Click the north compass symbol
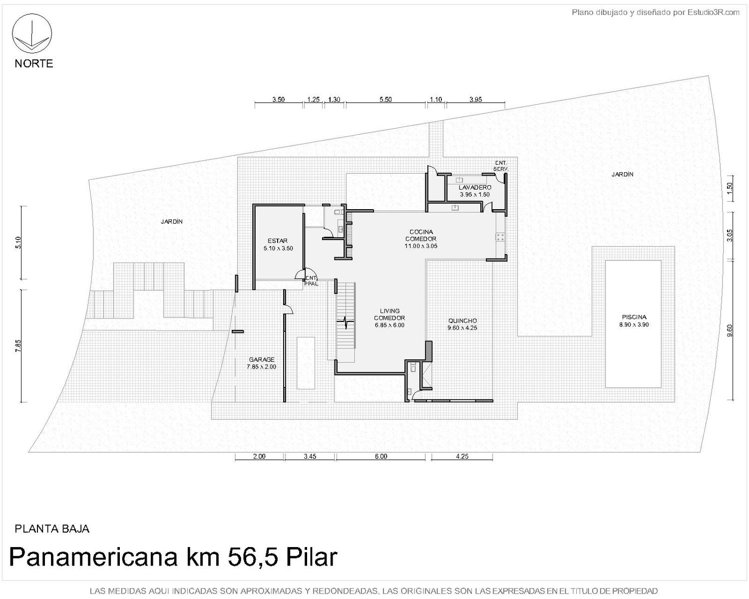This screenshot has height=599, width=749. (x=32, y=34)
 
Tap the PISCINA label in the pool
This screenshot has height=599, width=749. (x=634, y=317)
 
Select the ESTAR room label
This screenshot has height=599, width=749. (x=278, y=241)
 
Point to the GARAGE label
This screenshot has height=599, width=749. (x=261, y=359)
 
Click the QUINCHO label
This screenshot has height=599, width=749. (x=462, y=320)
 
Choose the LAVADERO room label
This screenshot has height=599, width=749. (x=475, y=188)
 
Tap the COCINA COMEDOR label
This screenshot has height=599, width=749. (x=421, y=235)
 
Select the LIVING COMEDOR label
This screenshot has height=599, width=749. (x=389, y=314)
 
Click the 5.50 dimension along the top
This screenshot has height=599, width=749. (x=385, y=99)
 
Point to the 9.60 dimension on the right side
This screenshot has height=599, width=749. (x=730, y=330)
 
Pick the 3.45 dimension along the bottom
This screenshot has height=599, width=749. (x=310, y=456)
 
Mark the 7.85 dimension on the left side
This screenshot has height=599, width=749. (x=18, y=346)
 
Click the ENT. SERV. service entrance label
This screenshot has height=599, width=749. (x=501, y=166)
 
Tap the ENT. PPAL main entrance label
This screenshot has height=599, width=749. (x=311, y=281)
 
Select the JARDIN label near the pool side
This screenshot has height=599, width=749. (x=622, y=174)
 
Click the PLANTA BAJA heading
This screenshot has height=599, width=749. (x=52, y=529)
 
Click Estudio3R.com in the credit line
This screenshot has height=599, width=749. (x=714, y=12)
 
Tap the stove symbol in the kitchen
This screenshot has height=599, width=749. (x=500, y=237)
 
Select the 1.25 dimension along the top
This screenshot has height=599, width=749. (x=313, y=99)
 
